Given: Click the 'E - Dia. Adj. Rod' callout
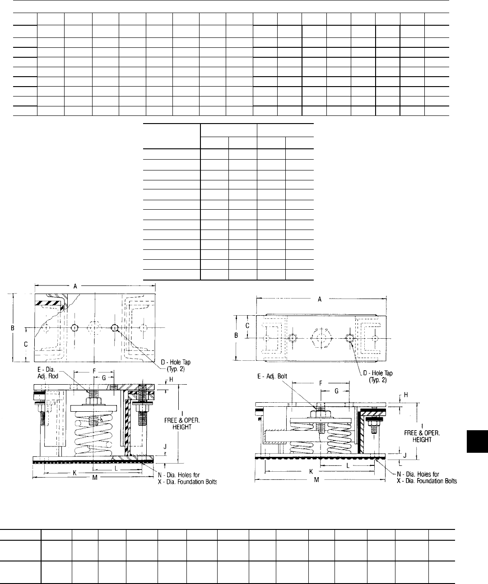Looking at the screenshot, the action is click(48, 373).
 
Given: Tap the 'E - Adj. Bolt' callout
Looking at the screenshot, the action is click(272, 376).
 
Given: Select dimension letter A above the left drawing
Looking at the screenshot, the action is click(75, 286).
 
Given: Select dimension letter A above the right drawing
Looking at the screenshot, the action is click(320, 299).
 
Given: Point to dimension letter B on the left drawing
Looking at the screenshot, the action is click(13, 328).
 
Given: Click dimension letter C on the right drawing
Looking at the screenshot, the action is click(247, 326).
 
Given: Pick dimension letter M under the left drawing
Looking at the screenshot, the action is click(95, 478).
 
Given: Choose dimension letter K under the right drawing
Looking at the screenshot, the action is click(311, 472).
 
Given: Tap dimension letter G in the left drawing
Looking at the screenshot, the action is click(103, 378).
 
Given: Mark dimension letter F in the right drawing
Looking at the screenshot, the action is click(321, 383).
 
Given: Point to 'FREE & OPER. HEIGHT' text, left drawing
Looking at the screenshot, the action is click(182, 423).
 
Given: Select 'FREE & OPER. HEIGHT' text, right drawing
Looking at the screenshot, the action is click(422, 437).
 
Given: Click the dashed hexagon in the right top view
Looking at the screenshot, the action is click(322, 338).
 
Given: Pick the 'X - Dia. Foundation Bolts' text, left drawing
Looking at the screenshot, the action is click(187, 482).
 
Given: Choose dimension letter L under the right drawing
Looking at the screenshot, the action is click(348, 466).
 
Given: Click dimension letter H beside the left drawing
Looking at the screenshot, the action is click(171, 380).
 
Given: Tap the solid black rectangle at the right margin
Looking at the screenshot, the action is click(477, 441).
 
